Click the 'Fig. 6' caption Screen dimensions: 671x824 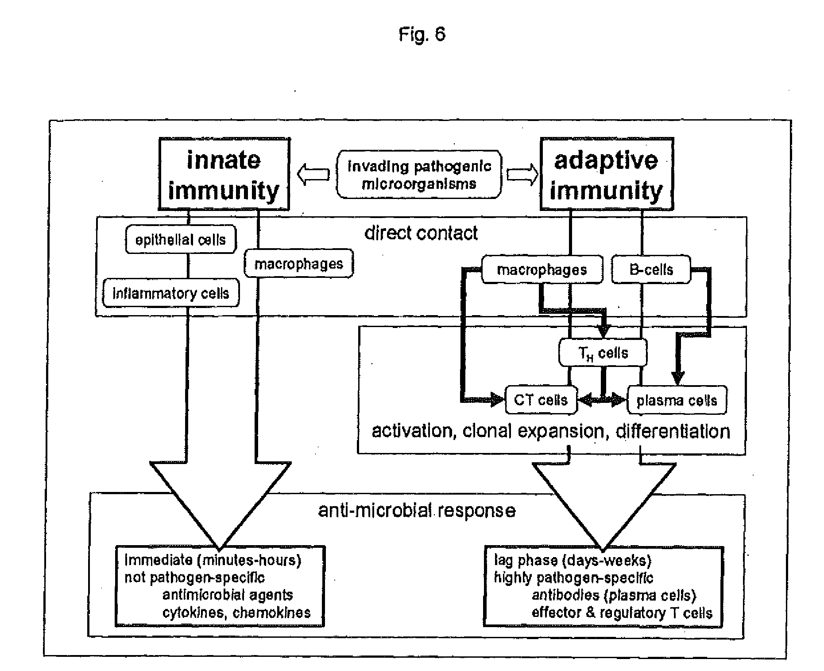pyautogui.click(x=422, y=34)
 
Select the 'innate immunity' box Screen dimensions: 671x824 pyautogui.click(x=224, y=174)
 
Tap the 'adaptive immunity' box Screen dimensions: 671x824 pyautogui.click(x=606, y=174)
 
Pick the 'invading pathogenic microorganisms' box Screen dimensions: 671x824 pyautogui.click(x=419, y=175)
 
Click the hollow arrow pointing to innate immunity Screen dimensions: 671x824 pyautogui.click(x=313, y=174)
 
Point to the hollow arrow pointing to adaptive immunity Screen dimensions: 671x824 pyautogui.click(x=522, y=175)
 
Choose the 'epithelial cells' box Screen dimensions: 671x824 pyautogui.click(x=181, y=240)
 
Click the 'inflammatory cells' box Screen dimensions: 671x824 pyautogui.click(x=171, y=293)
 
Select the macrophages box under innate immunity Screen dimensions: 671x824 pyautogui.click(x=298, y=264)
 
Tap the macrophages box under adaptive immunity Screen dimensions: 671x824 pyautogui.click(x=542, y=269)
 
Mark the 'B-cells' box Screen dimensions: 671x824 pyautogui.click(x=651, y=269)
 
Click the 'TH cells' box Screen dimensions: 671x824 pyautogui.click(x=603, y=353)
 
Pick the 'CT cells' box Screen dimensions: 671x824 pyautogui.click(x=541, y=400)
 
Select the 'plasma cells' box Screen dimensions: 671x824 pyautogui.click(x=677, y=401)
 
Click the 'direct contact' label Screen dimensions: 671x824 pyautogui.click(x=421, y=233)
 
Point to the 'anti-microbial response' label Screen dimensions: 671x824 pyautogui.click(x=417, y=511)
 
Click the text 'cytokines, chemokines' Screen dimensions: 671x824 pyautogui.click(x=236, y=612)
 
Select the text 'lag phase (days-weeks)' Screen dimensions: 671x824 pyautogui.click(x=573, y=561)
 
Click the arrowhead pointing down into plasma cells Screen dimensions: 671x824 pyautogui.click(x=677, y=378)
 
